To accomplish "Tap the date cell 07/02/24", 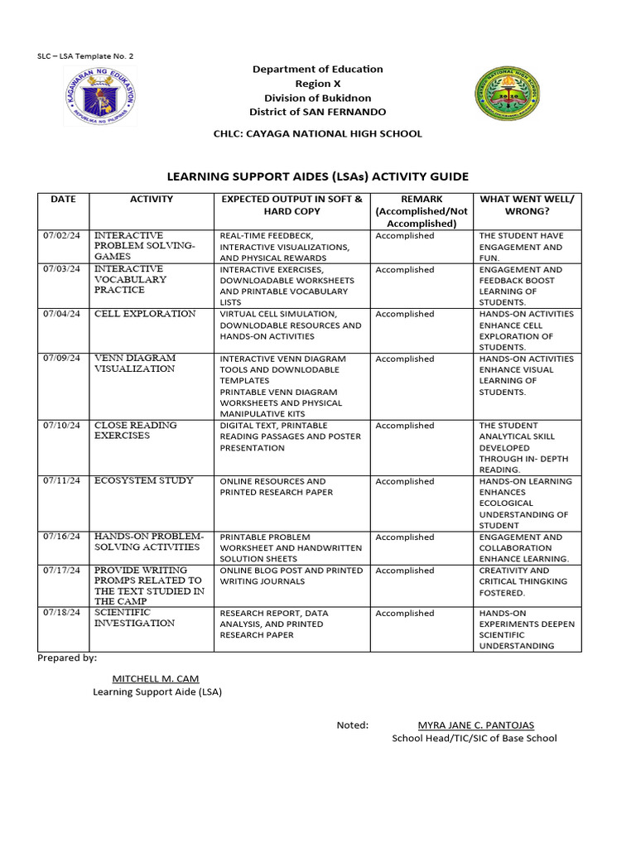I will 64,236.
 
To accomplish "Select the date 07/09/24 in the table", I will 64,359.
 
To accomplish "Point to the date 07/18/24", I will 64,613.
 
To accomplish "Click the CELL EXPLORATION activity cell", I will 146,314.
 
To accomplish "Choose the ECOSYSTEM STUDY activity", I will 144,480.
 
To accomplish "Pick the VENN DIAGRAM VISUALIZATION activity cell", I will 135,364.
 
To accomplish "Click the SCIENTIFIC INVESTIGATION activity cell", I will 135,618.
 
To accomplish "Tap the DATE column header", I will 63,200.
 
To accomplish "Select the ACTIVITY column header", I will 152,200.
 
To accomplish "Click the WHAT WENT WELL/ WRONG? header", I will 527,205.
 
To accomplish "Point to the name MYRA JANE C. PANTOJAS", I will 475,725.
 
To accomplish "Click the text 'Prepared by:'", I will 67,658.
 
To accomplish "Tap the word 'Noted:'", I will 352,725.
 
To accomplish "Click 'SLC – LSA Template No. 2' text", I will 85,56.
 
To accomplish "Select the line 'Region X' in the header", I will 318,84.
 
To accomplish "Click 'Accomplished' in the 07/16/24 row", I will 405,537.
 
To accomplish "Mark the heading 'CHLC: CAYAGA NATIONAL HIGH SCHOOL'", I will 318,133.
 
